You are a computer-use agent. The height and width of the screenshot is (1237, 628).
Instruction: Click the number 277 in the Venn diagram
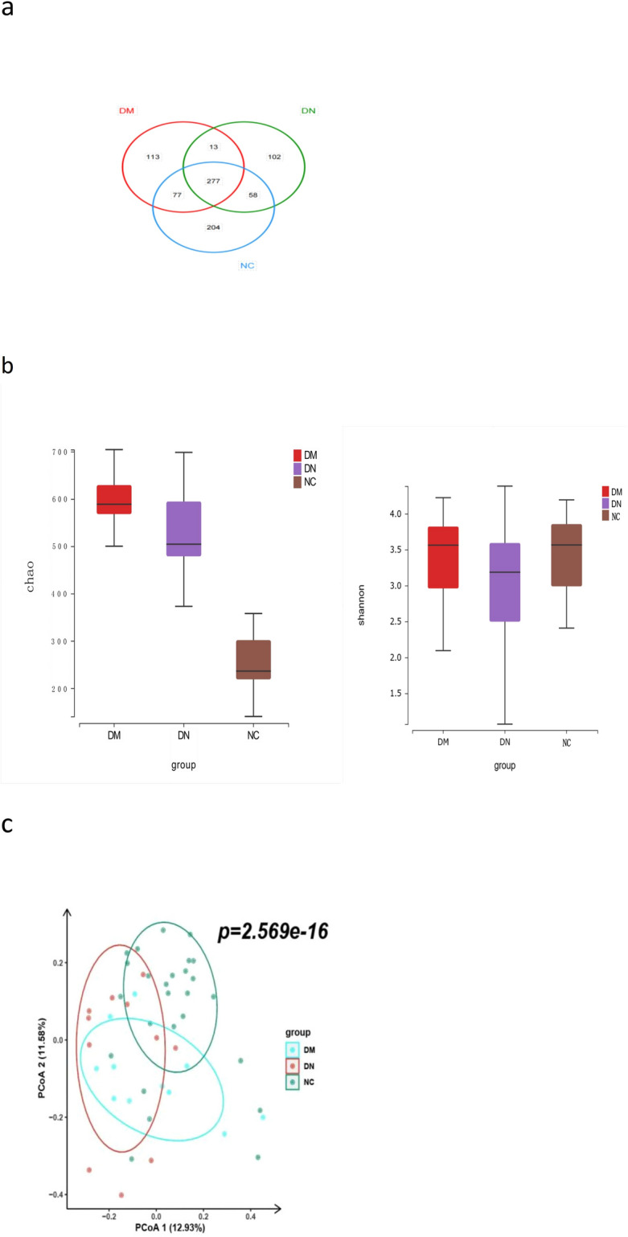pyautogui.click(x=213, y=181)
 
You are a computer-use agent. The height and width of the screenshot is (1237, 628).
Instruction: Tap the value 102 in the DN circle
pyautogui.click(x=274, y=157)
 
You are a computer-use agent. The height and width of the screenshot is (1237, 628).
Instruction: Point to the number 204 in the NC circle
pyautogui.click(x=213, y=227)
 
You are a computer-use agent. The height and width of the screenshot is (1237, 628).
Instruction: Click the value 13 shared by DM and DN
pyautogui.click(x=213, y=147)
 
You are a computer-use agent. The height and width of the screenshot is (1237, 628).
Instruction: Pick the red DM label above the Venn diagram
pyautogui.click(x=126, y=110)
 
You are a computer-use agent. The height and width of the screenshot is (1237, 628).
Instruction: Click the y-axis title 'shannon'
pyautogui.click(x=363, y=594)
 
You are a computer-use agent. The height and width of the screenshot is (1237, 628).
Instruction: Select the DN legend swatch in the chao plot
pyautogui.click(x=298, y=468)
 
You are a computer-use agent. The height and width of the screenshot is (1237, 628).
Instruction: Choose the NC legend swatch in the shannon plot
pyautogui.click(x=606, y=516)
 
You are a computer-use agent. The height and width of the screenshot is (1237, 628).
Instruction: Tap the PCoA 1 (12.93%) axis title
pyautogui.click(x=173, y=1230)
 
